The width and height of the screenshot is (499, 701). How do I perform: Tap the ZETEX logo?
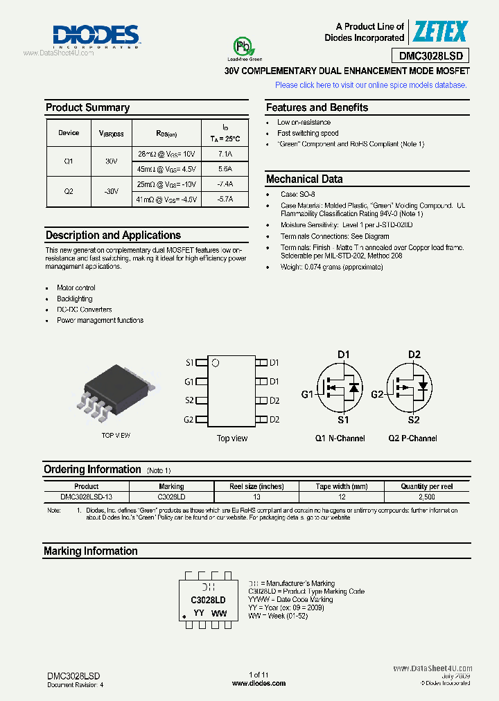[x=441, y=32]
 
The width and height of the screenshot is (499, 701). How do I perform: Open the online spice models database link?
[x=371, y=85]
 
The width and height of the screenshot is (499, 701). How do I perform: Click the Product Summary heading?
[x=87, y=107]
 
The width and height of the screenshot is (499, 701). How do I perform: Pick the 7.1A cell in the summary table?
[x=225, y=154]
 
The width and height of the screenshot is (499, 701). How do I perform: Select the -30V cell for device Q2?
[x=111, y=191]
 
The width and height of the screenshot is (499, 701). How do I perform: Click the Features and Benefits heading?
[x=317, y=107]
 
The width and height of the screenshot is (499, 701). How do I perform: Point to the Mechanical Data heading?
[x=304, y=179]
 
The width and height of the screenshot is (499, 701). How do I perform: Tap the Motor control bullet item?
[x=76, y=287]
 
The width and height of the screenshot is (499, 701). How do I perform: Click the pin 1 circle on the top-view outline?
[x=216, y=363]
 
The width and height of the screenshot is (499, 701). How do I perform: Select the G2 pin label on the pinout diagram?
[x=189, y=420]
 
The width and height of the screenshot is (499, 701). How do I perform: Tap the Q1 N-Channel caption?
[x=340, y=438]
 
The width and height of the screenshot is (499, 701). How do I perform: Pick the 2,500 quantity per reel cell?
[x=427, y=497]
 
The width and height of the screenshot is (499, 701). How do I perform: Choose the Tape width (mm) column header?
[x=342, y=487]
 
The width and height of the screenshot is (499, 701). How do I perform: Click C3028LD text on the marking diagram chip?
[x=208, y=600]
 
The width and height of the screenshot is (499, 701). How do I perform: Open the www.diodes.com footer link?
[x=259, y=683]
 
